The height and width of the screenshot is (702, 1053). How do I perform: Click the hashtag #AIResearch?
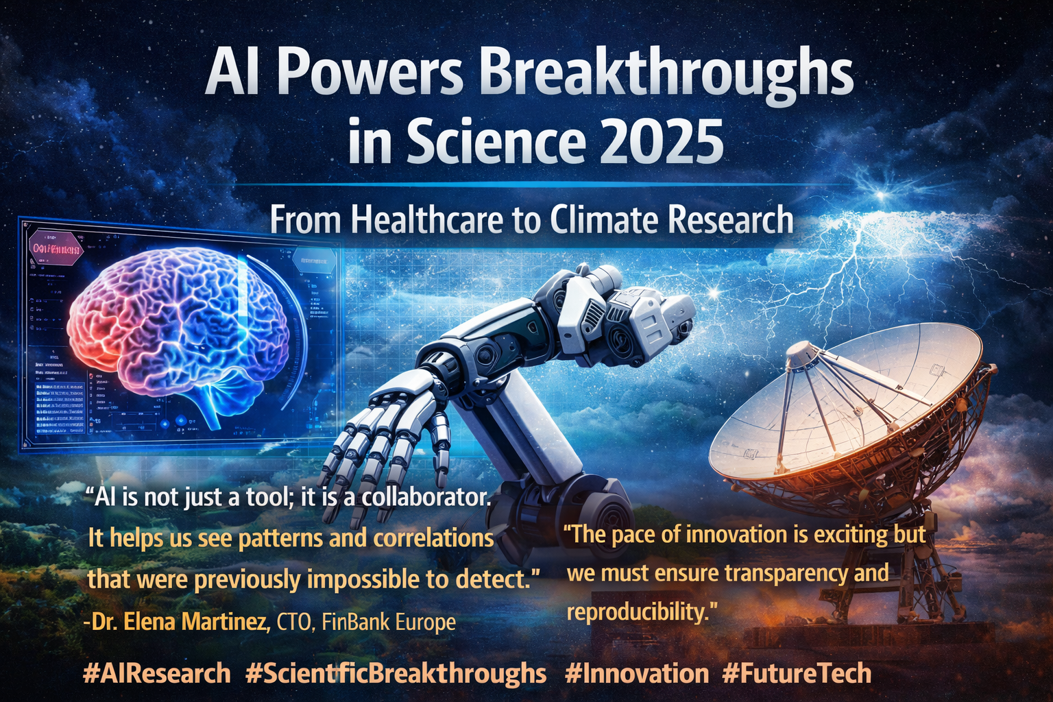pos(156,673)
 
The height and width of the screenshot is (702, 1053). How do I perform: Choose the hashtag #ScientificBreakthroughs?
pos(396,673)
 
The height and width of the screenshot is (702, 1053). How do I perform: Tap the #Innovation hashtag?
pos(637,673)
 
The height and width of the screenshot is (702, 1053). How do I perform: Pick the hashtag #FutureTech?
pos(797,673)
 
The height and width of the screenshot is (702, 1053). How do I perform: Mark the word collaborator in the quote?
pos(426,497)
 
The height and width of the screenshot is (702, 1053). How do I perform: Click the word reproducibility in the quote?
pos(636,611)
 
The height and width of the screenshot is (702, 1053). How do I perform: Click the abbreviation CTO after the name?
pos(293,622)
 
